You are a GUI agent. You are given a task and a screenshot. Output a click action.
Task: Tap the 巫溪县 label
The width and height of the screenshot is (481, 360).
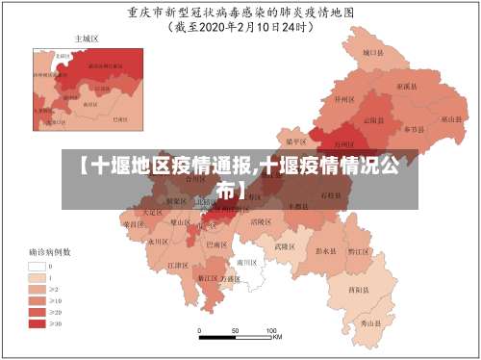click(x=406, y=87)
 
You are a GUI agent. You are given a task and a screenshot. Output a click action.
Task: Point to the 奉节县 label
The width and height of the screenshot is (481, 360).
click(x=414, y=128)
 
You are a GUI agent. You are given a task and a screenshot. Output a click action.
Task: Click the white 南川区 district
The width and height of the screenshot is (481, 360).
click(x=247, y=262)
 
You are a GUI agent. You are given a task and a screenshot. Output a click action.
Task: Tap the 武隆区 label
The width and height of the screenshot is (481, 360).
click(x=284, y=245)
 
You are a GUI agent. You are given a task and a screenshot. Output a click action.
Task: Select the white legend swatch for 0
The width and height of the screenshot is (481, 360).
click(x=39, y=266)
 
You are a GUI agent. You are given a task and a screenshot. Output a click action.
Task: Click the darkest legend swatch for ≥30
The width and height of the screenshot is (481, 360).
click(x=39, y=323)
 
